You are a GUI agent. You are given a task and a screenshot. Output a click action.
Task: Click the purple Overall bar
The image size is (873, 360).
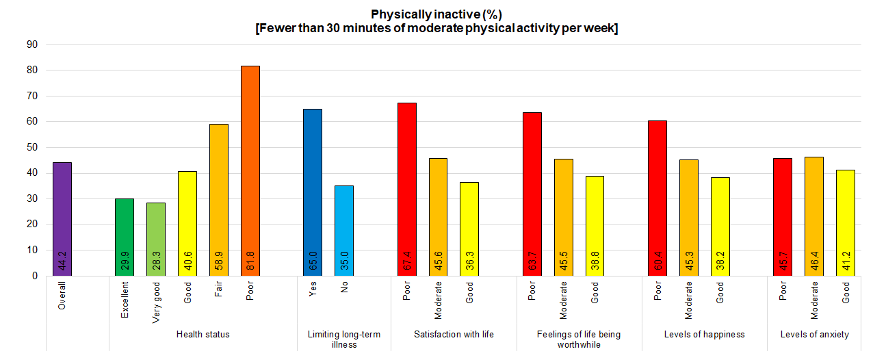coord(62,219)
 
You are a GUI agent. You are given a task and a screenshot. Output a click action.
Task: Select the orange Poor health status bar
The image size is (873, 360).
coord(250,171)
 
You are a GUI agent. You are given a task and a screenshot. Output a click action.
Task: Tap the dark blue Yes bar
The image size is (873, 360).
coord(313,192)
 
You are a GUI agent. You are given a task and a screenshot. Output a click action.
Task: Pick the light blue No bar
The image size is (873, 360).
coord(344,231)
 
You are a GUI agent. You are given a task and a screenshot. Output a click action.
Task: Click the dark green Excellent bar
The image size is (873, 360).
coord(125,237)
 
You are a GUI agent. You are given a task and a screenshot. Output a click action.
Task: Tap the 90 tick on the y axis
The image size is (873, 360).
coord(31,44)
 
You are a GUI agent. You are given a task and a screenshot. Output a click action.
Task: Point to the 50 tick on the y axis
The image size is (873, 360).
coord(31,147)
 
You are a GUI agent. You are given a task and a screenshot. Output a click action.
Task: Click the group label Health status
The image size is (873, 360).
coord(203,335)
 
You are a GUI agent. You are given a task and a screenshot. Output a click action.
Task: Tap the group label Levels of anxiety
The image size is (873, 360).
coord(814,335)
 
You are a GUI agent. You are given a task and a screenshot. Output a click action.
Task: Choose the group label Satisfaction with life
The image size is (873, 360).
coord(454,335)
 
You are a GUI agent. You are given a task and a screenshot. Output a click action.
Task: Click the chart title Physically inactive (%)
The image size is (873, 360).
coord(436,14)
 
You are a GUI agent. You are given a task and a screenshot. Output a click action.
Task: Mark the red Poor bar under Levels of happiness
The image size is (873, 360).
coord(657,198)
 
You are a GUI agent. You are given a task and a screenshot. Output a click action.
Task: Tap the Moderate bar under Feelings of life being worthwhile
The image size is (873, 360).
coord(564,217)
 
